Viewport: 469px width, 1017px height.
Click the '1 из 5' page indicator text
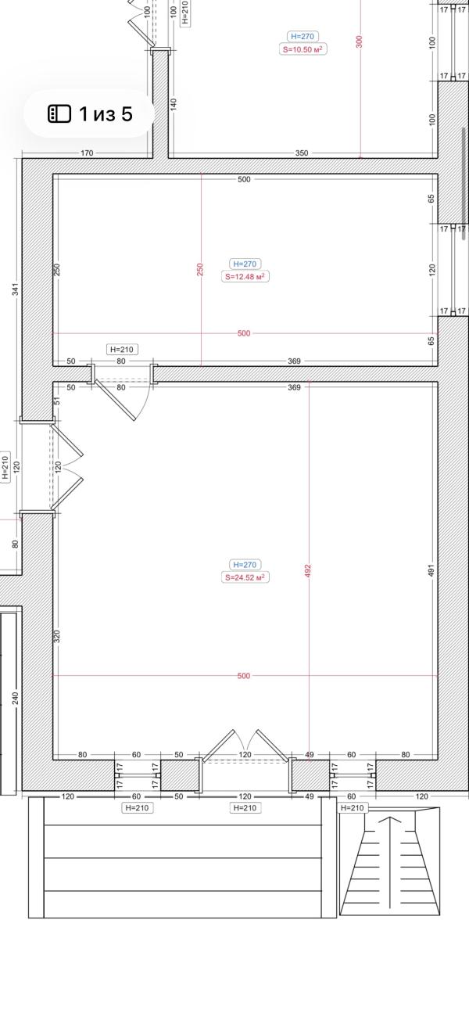106,114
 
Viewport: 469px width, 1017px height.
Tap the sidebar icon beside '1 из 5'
59,114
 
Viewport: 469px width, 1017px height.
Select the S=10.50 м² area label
303,49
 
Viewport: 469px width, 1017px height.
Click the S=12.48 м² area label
245,276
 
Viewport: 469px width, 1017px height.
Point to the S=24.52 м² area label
245,577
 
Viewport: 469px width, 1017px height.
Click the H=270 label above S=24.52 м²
245,564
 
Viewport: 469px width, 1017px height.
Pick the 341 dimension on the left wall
16,289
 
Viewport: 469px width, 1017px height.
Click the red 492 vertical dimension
308,570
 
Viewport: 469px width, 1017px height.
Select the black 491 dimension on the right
431,570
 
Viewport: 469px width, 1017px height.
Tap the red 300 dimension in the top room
360,41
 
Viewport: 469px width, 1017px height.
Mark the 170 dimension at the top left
86,153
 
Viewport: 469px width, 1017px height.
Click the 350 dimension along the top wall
302,153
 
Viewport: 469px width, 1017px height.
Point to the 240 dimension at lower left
16,697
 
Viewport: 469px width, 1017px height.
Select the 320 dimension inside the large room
57,636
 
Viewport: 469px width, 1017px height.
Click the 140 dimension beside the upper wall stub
174,102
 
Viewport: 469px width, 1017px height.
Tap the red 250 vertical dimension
200,269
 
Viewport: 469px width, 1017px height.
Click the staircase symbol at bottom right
389,861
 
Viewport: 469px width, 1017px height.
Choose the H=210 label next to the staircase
353,807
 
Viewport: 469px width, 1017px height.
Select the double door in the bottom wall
245,747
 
